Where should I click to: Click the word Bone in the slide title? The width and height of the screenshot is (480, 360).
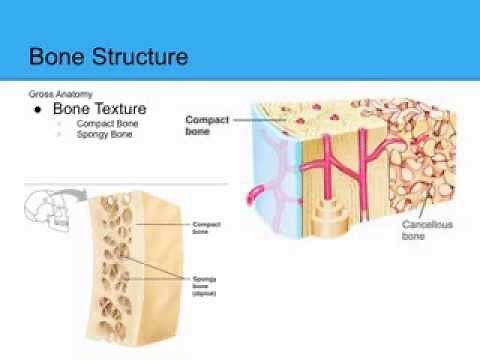[58, 55]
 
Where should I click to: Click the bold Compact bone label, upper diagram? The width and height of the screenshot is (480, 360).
[206, 123]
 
